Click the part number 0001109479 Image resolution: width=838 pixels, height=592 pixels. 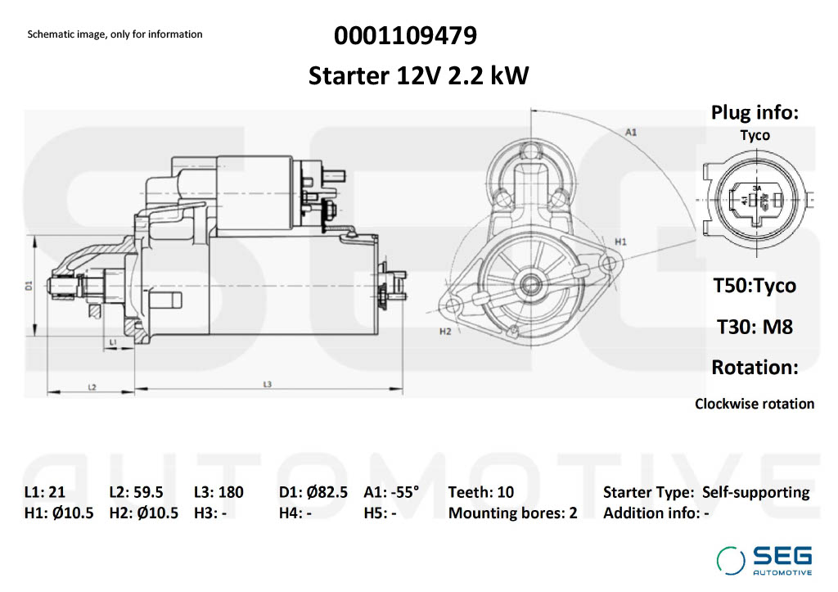(405, 36)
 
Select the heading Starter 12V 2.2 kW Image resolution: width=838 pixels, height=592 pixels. (418, 76)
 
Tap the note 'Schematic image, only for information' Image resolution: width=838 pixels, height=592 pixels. (115, 34)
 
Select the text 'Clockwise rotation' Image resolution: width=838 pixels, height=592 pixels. (754, 404)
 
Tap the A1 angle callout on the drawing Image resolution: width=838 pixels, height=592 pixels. (631, 131)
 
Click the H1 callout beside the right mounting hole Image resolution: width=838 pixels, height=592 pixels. (620, 242)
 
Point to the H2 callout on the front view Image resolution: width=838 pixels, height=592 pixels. (445, 332)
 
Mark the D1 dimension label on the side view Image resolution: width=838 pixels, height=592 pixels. (28, 286)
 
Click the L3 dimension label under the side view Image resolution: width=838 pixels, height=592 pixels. (268, 384)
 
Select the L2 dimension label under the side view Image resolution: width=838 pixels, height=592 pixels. (92, 386)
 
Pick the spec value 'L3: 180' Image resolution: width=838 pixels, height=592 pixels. (219, 492)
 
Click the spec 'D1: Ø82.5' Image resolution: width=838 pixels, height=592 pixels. (313, 492)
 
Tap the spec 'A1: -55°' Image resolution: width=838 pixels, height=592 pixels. (390, 492)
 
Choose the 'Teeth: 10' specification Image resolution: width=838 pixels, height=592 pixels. (480, 492)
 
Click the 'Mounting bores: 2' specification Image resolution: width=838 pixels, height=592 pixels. (512, 513)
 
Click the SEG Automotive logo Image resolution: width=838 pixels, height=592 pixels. (764, 560)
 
